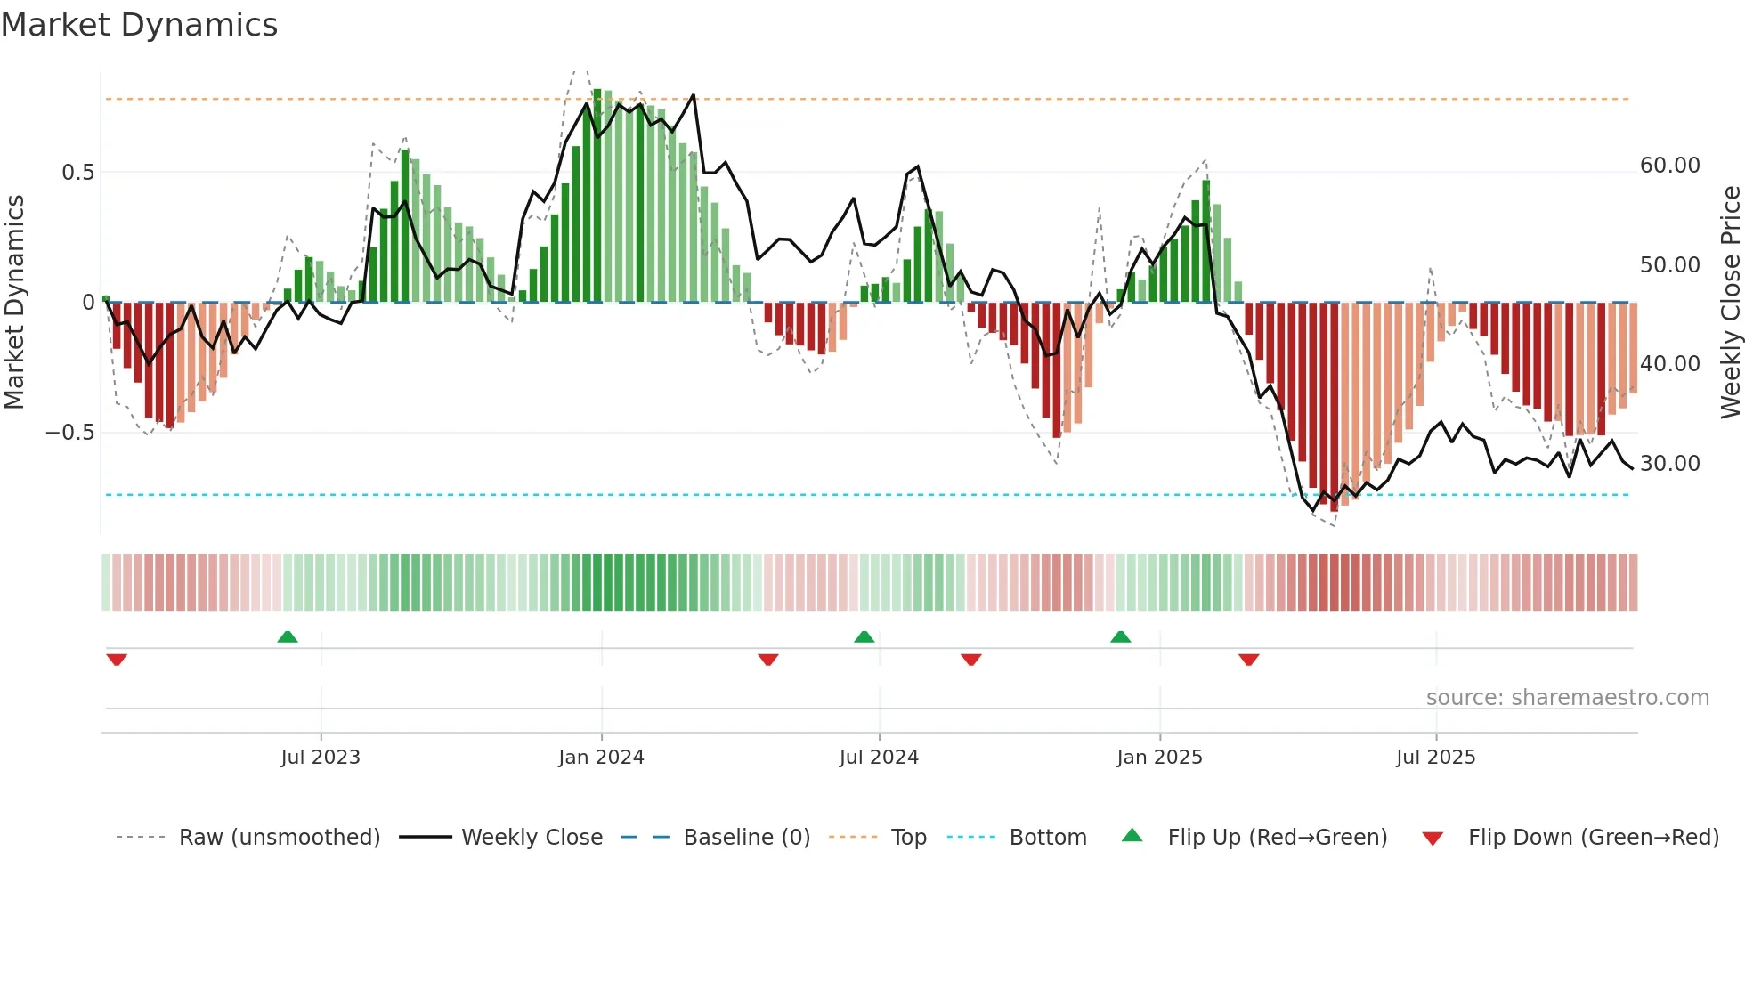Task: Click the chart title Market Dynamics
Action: [x=139, y=25]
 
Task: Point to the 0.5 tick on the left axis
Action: [x=78, y=173]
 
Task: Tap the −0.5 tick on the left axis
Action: [x=70, y=433]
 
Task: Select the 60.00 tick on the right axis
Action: [x=1669, y=166]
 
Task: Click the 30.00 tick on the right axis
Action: [x=1669, y=464]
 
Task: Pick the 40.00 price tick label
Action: [x=1669, y=364]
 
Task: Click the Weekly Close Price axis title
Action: [x=1730, y=303]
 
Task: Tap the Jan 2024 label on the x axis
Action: [x=601, y=758]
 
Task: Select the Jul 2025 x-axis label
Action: [x=1435, y=758]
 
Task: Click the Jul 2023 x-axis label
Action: [x=321, y=758]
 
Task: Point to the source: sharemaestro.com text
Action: [x=1567, y=698]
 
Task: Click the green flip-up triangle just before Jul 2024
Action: [x=864, y=637]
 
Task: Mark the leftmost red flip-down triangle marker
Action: [x=117, y=660]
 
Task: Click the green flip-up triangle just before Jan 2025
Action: [x=1120, y=637]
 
